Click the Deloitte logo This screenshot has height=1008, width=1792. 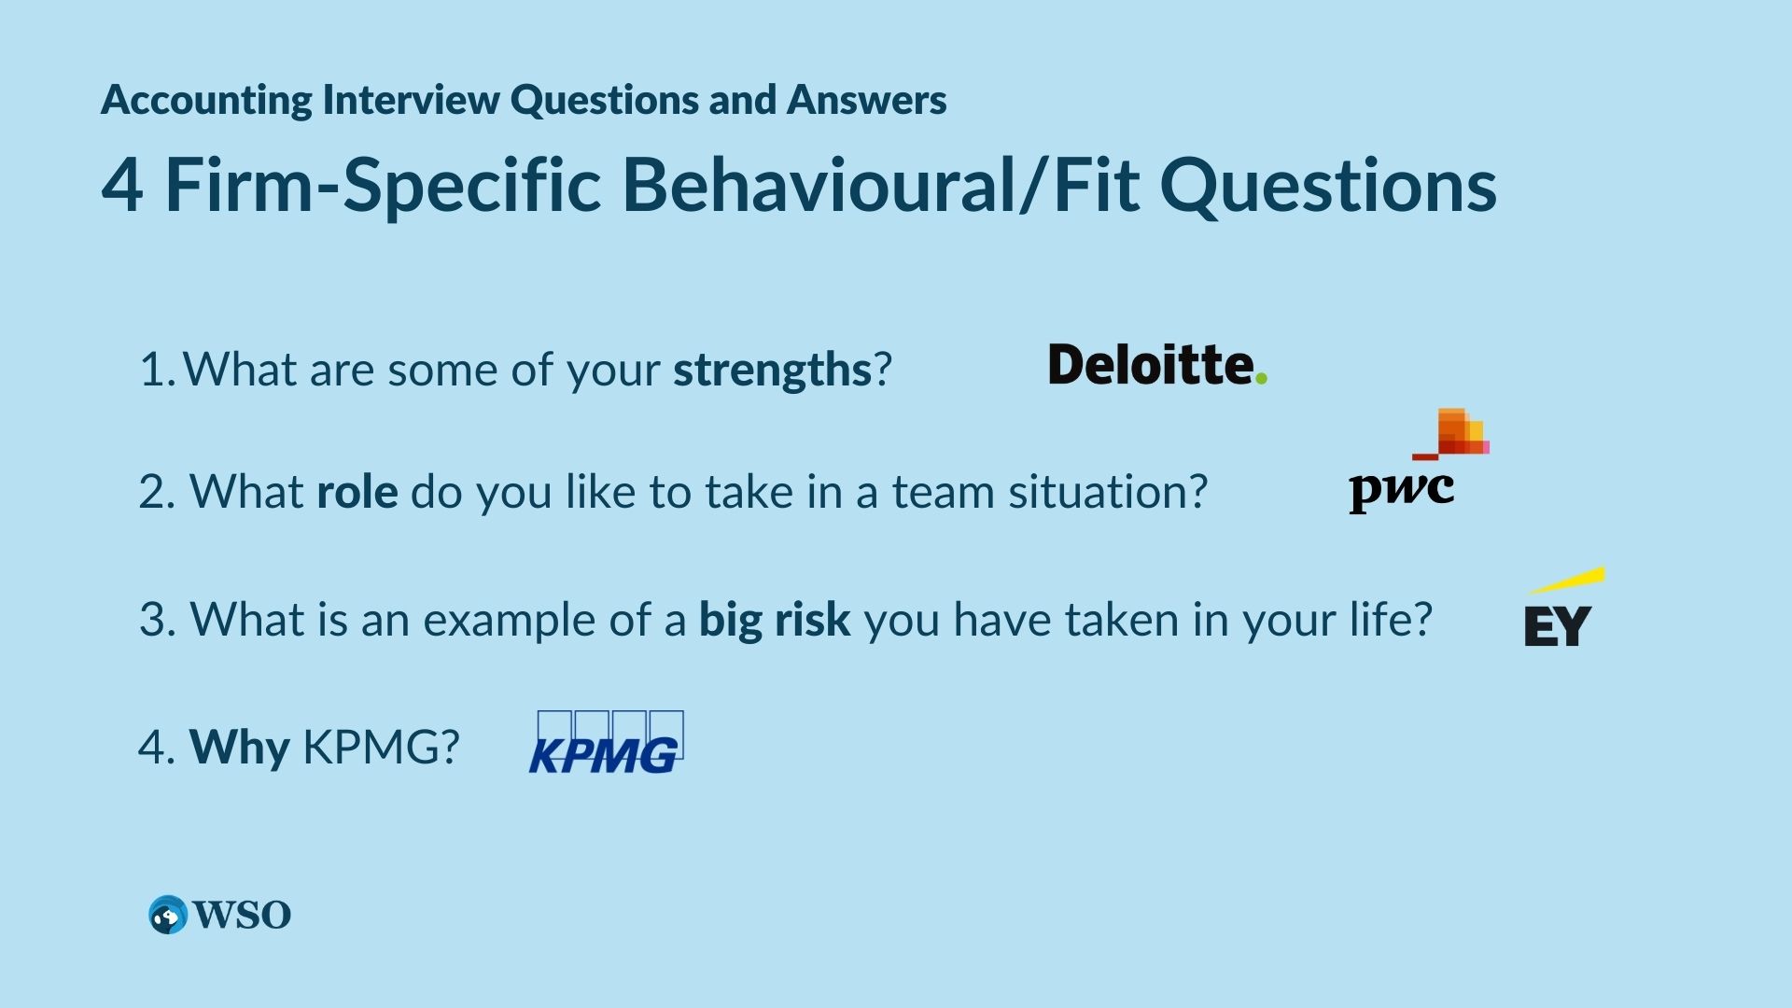click(x=1157, y=364)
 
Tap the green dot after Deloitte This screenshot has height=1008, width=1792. click(x=1261, y=378)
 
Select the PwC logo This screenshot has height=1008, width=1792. click(x=1419, y=460)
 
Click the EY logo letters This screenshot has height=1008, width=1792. click(x=1557, y=625)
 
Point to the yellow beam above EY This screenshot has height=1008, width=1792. click(x=1567, y=580)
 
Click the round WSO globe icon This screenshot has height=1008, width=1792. click(x=168, y=915)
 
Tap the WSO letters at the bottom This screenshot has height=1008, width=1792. click(x=243, y=915)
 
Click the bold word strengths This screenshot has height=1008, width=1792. click(x=773, y=370)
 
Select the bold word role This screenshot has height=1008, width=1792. click(x=357, y=491)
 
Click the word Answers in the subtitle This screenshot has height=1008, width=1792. click(x=866, y=99)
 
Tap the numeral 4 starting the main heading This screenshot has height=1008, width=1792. click(x=122, y=185)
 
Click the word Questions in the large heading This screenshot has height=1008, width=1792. click(x=1328, y=185)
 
